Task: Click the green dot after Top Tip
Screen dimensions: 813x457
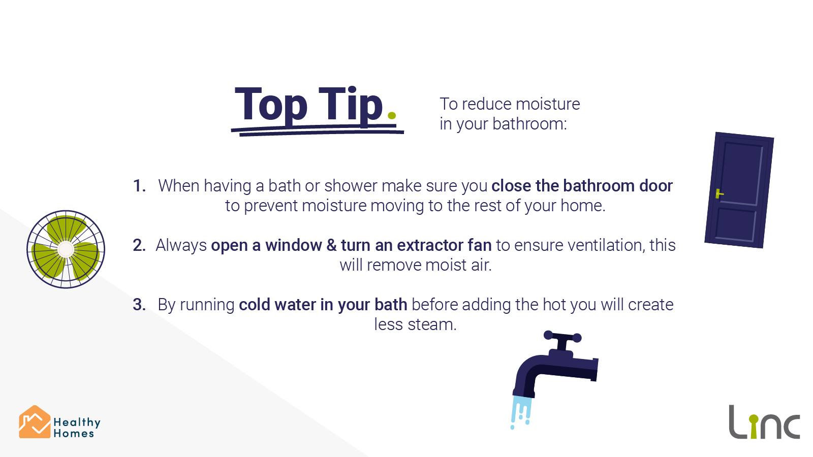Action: tap(392, 116)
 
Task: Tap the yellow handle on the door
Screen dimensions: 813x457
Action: tap(719, 194)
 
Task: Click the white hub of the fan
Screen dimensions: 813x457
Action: tap(66, 249)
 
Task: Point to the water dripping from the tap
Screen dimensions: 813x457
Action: tap(521, 412)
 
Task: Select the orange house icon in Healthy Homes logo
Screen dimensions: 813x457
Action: tap(35, 422)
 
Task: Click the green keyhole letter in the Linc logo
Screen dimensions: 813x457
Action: tap(754, 427)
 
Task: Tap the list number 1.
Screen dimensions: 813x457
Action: tap(139, 186)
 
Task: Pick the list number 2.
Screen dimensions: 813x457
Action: tap(139, 245)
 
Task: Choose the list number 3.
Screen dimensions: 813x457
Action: tap(139, 305)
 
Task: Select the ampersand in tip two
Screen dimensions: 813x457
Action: tap(331, 245)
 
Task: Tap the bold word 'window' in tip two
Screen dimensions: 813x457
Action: tap(293, 245)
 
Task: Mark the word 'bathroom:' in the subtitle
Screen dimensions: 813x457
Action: tap(529, 124)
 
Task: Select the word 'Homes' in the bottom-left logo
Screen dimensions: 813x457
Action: tap(74, 434)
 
